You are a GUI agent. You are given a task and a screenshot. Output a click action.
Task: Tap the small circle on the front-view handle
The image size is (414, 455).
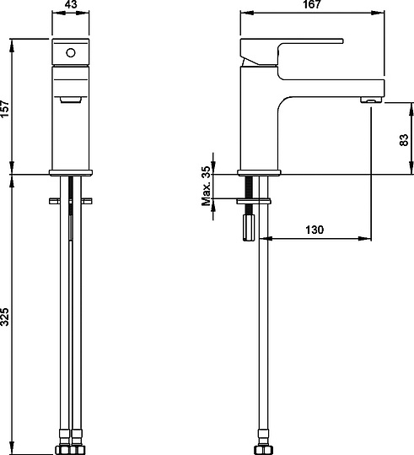(71, 52)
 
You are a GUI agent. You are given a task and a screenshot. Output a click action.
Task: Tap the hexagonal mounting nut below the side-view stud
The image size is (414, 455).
(250, 227)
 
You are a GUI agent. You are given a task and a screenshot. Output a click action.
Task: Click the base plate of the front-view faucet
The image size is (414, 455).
(71, 171)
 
